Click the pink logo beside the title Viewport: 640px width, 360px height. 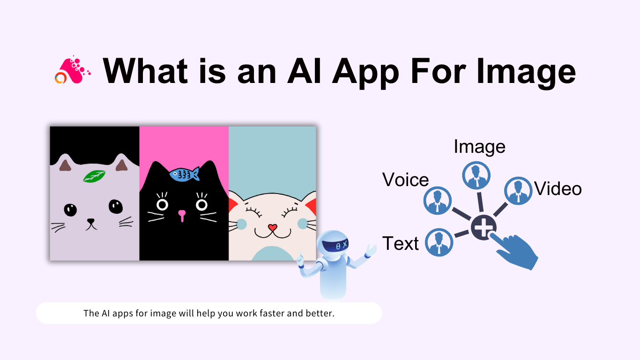72,71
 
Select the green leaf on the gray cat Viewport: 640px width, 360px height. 94,176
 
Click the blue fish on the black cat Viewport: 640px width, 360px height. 184,174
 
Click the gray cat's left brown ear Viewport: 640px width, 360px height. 65,165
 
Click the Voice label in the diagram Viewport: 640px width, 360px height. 405,180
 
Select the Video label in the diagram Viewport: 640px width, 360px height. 558,189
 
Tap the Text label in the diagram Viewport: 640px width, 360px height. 401,244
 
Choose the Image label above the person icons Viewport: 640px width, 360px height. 479,147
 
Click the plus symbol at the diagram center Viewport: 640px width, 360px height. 484,228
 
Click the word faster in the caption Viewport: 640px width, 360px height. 269,313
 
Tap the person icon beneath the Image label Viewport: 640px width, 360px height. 476,175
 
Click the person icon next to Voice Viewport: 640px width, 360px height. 437,200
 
